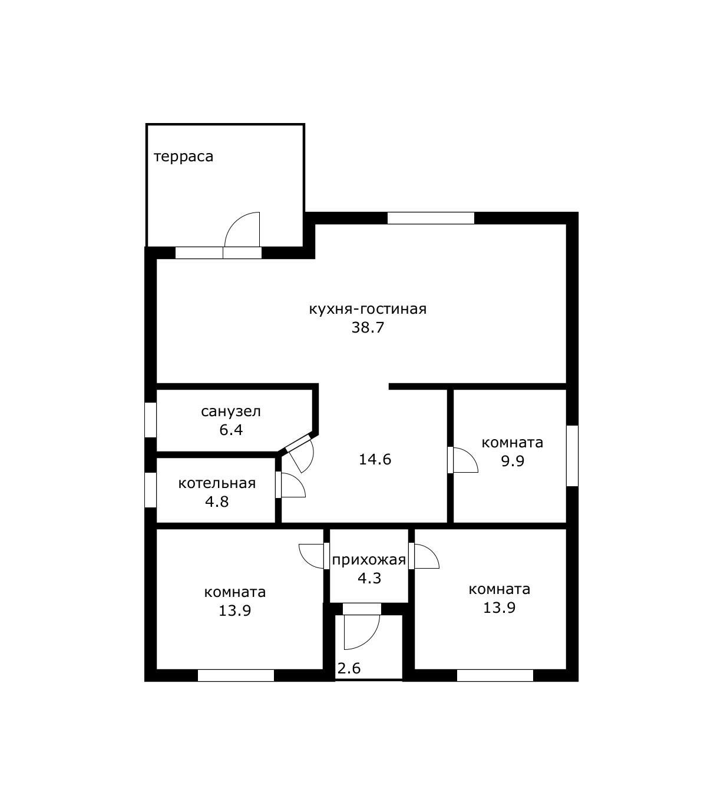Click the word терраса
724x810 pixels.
(x=183, y=157)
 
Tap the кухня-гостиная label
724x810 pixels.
(x=368, y=309)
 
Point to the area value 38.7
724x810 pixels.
(x=368, y=327)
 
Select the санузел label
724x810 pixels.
(x=231, y=412)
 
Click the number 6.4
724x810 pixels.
(x=231, y=430)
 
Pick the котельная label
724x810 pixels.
(x=217, y=483)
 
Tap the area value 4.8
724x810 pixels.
(x=217, y=502)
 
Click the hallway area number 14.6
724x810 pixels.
(x=375, y=459)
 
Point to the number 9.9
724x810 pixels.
(x=513, y=461)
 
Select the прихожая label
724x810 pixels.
(x=369, y=560)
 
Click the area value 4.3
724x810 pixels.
(x=369, y=578)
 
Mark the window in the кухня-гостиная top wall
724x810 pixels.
(x=431, y=218)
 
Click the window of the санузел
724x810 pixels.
(x=150, y=420)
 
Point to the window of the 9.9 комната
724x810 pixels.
(x=573, y=456)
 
